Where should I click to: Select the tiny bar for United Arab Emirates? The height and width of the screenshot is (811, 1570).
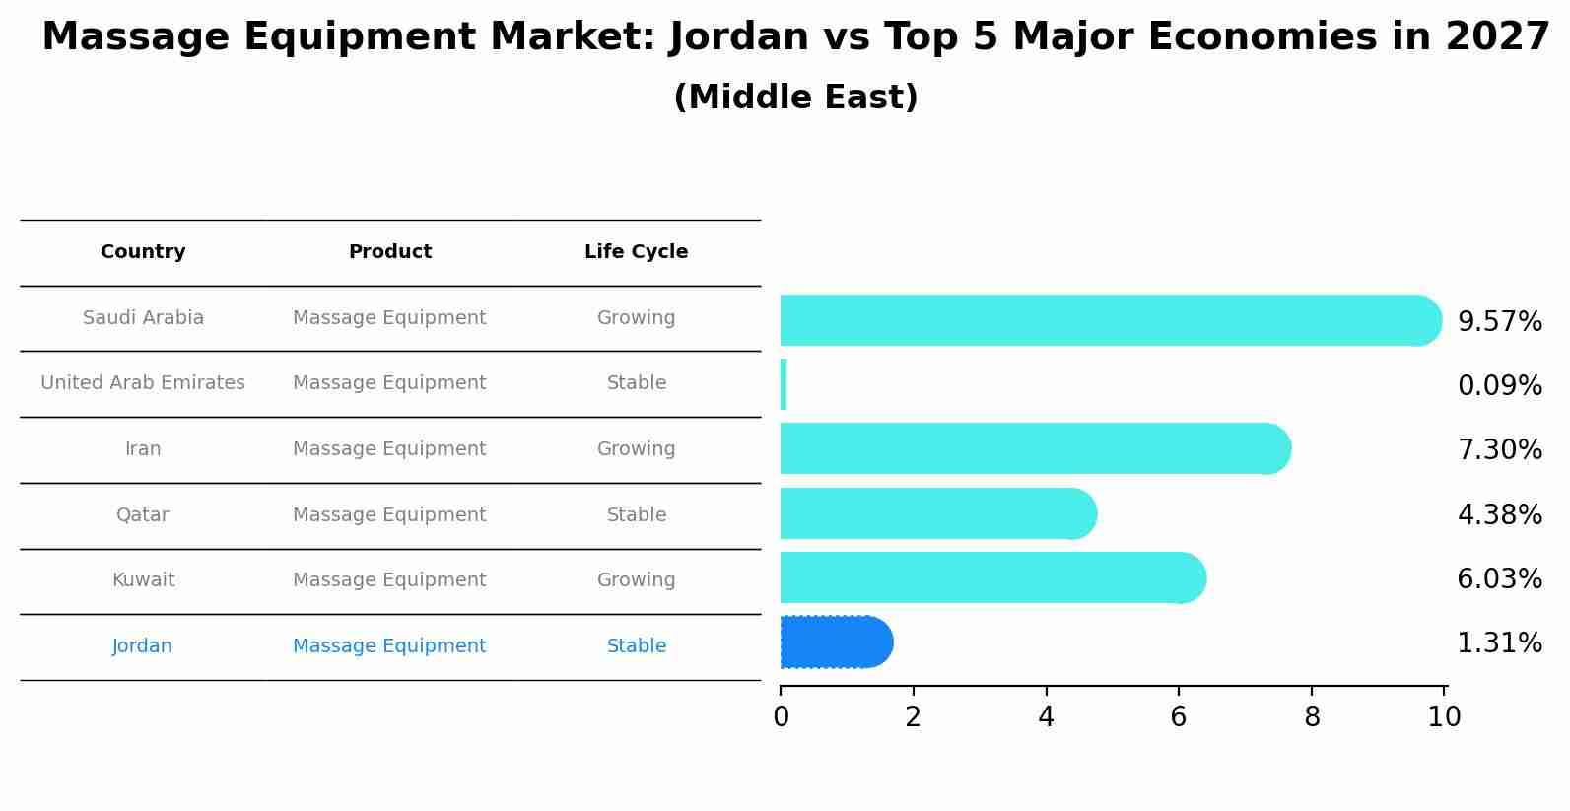(x=784, y=384)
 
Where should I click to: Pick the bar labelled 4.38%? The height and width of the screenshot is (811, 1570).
(x=936, y=513)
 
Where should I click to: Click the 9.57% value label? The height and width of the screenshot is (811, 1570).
(x=1499, y=322)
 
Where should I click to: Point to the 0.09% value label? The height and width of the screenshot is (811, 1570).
(x=1499, y=386)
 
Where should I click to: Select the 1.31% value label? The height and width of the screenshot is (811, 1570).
(x=1499, y=643)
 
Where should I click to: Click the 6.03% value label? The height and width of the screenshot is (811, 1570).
(x=1499, y=579)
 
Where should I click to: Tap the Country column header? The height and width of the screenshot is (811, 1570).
(x=143, y=252)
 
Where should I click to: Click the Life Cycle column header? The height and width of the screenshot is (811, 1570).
(x=636, y=252)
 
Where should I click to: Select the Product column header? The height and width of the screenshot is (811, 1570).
(x=389, y=252)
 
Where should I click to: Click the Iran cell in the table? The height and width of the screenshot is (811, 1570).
(x=143, y=449)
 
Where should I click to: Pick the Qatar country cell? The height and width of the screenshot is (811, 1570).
(x=143, y=515)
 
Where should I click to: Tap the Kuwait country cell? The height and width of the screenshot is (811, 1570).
(x=143, y=580)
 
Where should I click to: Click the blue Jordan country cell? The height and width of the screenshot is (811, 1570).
(x=143, y=646)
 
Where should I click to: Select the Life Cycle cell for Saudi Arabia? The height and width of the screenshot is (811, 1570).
(x=636, y=318)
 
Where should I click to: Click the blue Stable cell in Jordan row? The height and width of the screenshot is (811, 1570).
(x=636, y=646)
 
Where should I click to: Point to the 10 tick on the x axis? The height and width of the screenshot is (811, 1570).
(x=1444, y=717)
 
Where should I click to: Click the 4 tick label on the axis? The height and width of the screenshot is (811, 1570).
(x=1046, y=717)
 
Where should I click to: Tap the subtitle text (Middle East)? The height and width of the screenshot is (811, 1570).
(x=795, y=98)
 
